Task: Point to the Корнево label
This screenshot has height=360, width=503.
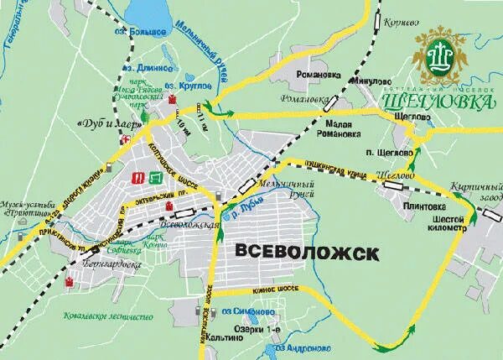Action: [402, 23]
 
